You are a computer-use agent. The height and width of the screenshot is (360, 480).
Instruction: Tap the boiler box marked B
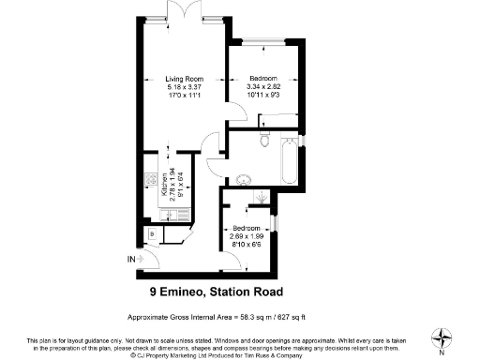153,233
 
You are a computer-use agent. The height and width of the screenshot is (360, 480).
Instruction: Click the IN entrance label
131,258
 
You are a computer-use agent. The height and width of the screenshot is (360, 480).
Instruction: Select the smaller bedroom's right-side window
278,224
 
